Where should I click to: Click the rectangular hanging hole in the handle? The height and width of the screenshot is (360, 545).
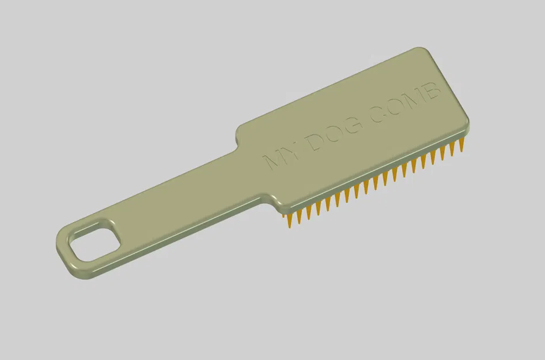coord(94,239)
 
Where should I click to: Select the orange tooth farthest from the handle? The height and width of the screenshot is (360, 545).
coord(461,145)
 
